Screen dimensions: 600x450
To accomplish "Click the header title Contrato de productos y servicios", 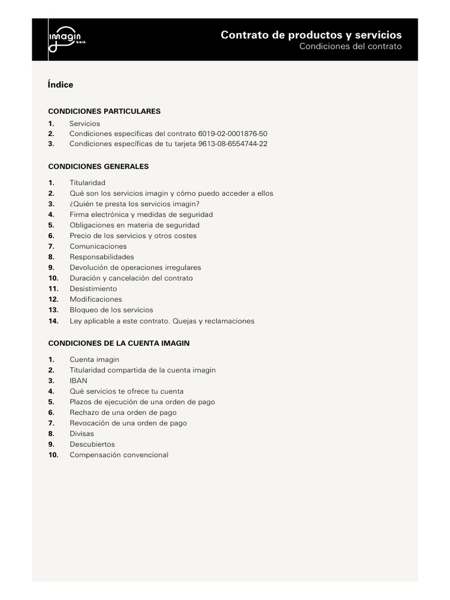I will coord(311,35).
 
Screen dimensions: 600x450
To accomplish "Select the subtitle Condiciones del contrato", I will coord(350,46).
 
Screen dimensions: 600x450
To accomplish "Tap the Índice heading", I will coord(60,84).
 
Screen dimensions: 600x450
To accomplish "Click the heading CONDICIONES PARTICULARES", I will coord(104,111).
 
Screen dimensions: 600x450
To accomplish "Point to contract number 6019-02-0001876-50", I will coord(233,134).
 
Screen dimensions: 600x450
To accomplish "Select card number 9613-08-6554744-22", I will coord(233,144).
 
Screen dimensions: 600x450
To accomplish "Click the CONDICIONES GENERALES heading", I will coord(98,166).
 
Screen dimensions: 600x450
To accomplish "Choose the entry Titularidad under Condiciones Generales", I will coord(87,183).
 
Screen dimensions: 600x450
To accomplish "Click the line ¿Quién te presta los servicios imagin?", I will coord(134,204).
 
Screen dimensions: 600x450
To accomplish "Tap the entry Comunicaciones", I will coord(98,246).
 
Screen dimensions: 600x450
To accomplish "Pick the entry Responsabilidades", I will coord(101,257).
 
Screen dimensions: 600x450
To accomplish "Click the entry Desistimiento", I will coord(93,289).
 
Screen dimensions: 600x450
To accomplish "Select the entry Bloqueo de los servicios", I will coord(111,310).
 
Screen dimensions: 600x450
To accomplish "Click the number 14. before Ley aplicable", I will coord(53,321).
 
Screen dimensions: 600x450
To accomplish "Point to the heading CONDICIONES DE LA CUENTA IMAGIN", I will coord(119,343).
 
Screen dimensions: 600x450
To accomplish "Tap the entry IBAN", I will coord(79,381).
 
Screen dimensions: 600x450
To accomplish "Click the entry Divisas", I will coord(81,434).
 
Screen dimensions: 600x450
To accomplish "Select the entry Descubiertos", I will coord(92,444).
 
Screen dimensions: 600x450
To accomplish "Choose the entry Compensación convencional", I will coord(118,455).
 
